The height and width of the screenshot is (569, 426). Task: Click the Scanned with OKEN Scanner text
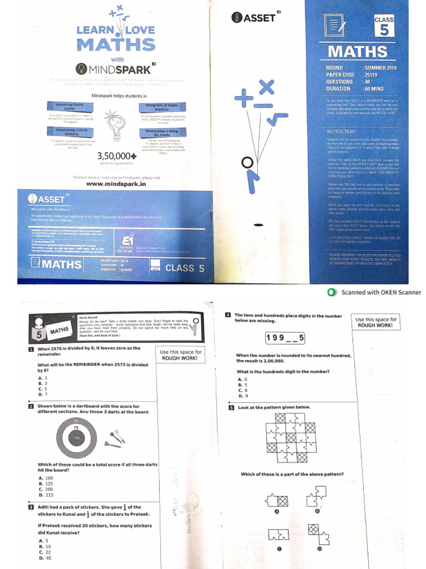tap(381, 292)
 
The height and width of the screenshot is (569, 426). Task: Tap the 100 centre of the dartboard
tap(76, 438)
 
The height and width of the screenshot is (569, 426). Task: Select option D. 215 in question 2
tap(46, 495)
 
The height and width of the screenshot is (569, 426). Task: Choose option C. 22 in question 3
tap(44, 552)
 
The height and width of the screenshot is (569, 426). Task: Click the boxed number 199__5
tap(285, 337)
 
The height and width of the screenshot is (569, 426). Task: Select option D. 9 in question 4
tap(242, 396)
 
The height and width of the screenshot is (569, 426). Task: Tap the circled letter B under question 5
tap(317, 511)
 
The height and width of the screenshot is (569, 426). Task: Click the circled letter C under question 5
tap(279, 548)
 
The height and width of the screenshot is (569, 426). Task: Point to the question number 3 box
tap(31, 507)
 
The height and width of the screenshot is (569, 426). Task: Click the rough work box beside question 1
tap(181, 356)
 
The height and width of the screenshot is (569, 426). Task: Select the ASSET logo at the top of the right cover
tap(253, 18)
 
